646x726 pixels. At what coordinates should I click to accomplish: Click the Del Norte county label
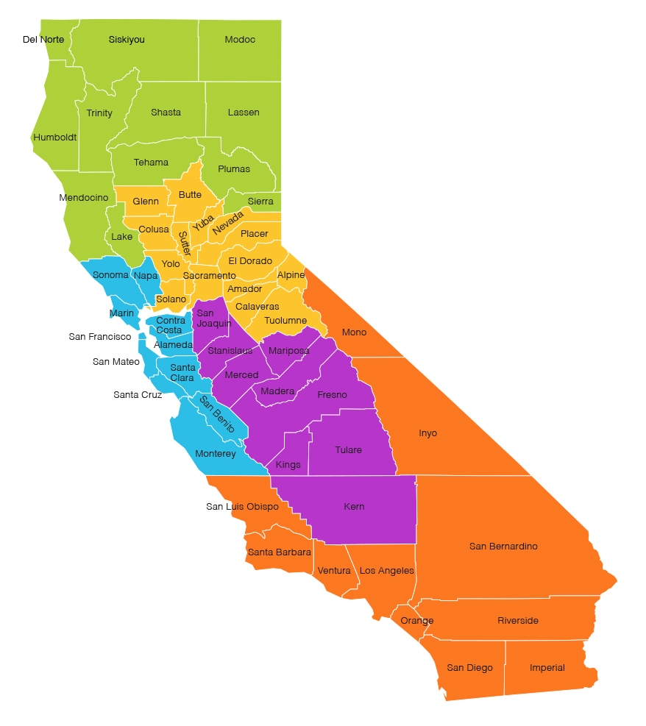click(43, 39)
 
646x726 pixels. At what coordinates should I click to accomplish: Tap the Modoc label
click(240, 40)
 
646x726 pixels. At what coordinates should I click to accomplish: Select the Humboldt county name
click(54, 138)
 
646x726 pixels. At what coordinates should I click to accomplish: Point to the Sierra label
click(260, 202)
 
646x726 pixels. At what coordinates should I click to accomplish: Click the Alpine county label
click(291, 275)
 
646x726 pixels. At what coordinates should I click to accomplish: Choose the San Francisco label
click(100, 337)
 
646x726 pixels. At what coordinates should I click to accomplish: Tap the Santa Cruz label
click(137, 395)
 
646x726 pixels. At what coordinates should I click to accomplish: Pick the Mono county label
click(354, 332)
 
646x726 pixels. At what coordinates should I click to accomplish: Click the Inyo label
click(427, 433)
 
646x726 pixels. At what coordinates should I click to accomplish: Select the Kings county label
click(288, 465)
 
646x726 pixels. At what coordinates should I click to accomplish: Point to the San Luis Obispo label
click(242, 507)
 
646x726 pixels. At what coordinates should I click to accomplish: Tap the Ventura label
click(334, 571)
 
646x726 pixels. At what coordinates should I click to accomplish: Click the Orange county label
click(417, 621)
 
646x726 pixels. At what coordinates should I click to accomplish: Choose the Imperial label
click(547, 668)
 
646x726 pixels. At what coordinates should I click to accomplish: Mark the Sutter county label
click(184, 243)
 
